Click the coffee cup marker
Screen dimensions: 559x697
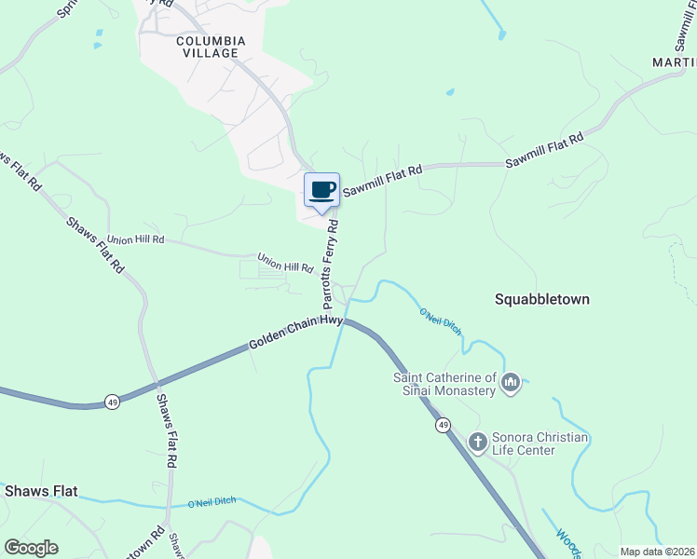(x=322, y=191)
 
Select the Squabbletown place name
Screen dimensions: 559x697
(x=542, y=300)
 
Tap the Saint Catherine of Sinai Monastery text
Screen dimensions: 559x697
(x=444, y=384)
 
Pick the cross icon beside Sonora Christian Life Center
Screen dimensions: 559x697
(x=477, y=442)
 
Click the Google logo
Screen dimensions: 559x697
(x=32, y=548)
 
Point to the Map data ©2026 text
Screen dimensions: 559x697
(x=658, y=552)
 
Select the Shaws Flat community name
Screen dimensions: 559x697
(x=40, y=490)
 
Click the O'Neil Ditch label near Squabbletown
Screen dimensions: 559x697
(x=440, y=320)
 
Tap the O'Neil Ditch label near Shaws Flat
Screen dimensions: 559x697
(x=212, y=503)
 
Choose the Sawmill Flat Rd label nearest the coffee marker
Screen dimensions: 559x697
(x=382, y=181)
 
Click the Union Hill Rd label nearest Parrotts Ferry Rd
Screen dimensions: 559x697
(x=285, y=263)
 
